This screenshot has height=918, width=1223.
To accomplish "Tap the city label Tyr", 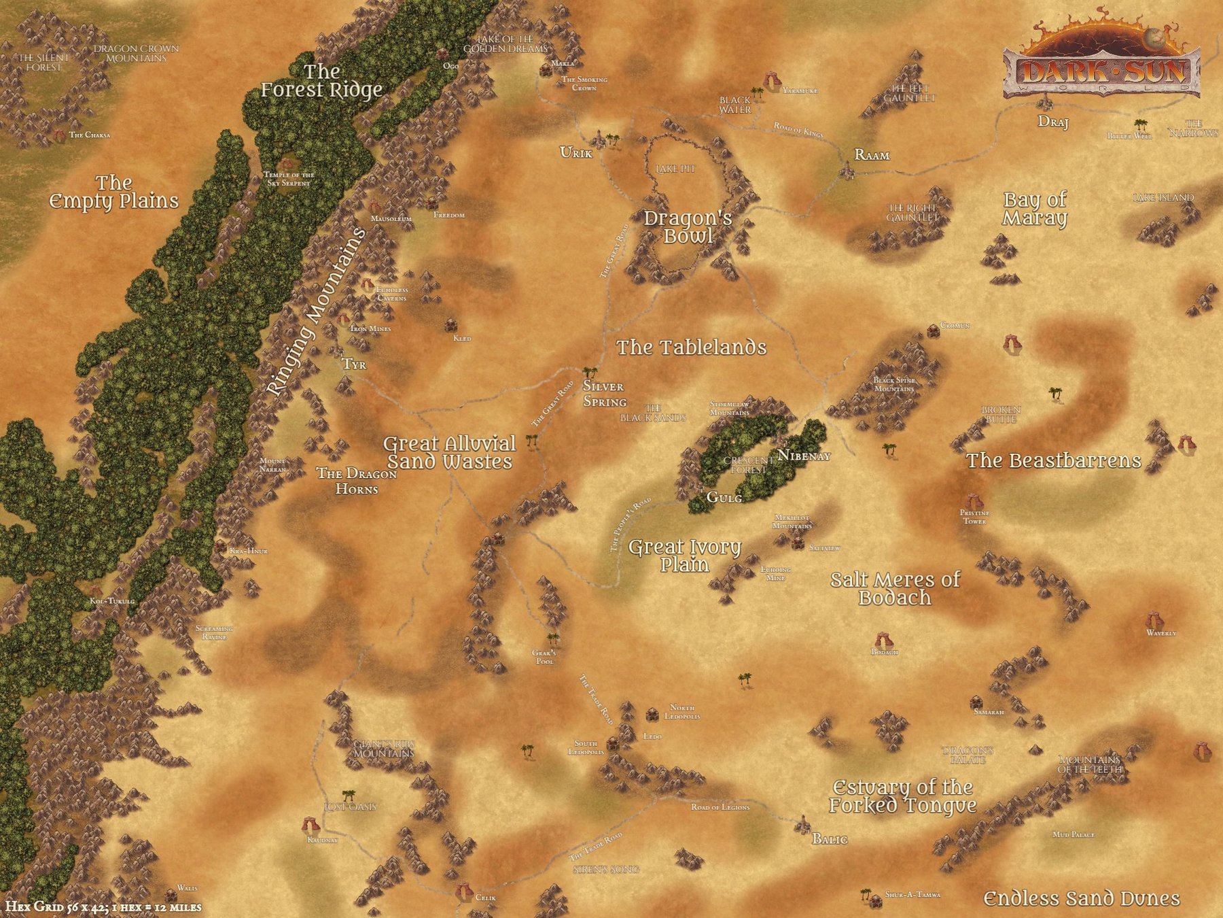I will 354,364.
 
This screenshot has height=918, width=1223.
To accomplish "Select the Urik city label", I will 575,152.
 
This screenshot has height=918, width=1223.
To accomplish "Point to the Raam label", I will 872,156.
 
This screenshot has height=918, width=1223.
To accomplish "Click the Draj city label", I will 1053,122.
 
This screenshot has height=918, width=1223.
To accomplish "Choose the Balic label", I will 830,839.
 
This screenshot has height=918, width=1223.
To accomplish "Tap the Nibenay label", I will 804,456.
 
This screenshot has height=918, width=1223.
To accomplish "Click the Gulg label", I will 724,498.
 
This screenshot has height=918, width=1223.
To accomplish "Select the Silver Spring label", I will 605,394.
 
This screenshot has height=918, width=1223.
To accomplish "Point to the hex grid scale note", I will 103,907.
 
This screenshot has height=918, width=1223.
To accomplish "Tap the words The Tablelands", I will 691,347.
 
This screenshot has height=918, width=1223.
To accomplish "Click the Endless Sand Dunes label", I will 1082,898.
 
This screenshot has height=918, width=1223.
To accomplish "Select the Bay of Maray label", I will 1035,209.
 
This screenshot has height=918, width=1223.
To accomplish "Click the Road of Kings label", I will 798,129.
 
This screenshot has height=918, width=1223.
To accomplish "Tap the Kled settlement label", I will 462,338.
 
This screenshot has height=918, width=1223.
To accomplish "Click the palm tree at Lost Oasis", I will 349,794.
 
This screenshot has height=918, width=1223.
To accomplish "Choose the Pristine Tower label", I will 974,517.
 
